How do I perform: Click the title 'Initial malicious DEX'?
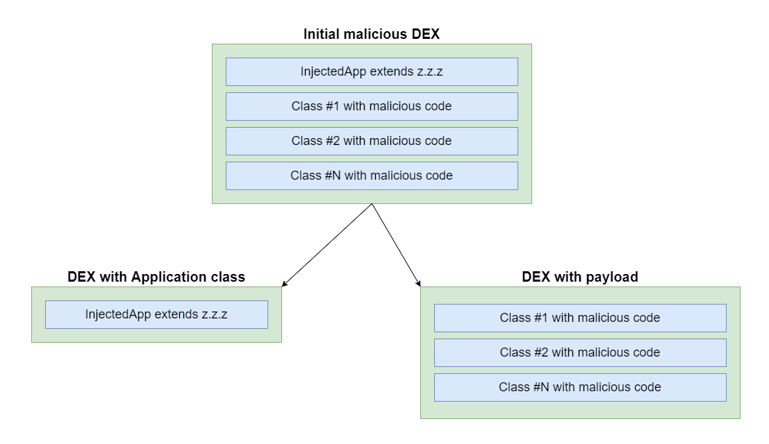pyautogui.click(x=371, y=34)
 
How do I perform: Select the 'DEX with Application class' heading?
pyautogui.click(x=156, y=277)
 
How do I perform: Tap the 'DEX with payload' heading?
pyautogui.click(x=579, y=277)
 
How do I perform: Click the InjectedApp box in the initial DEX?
pyautogui.click(x=372, y=72)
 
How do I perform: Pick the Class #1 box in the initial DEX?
pyautogui.click(x=372, y=106)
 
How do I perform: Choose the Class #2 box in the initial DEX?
pyautogui.click(x=372, y=141)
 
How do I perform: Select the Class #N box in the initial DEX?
pyautogui.click(x=372, y=176)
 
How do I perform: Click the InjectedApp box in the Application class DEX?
pyautogui.click(x=156, y=314)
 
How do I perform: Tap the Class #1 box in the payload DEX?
pyautogui.click(x=580, y=318)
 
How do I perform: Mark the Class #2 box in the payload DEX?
pyautogui.click(x=580, y=352)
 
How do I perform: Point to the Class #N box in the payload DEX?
pyautogui.click(x=580, y=387)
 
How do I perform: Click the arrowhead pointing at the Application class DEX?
pyautogui.click(x=284, y=284)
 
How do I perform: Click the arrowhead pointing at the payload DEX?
pyautogui.click(x=418, y=284)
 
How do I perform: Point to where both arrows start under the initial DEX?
pyautogui.click(x=372, y=204)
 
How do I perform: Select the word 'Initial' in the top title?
pyautogui.click(x=321, y=34)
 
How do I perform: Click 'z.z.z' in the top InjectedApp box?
pyautogui.click(x=429, y=72)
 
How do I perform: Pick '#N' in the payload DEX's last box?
pyautogui.click(x=541, y=387)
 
